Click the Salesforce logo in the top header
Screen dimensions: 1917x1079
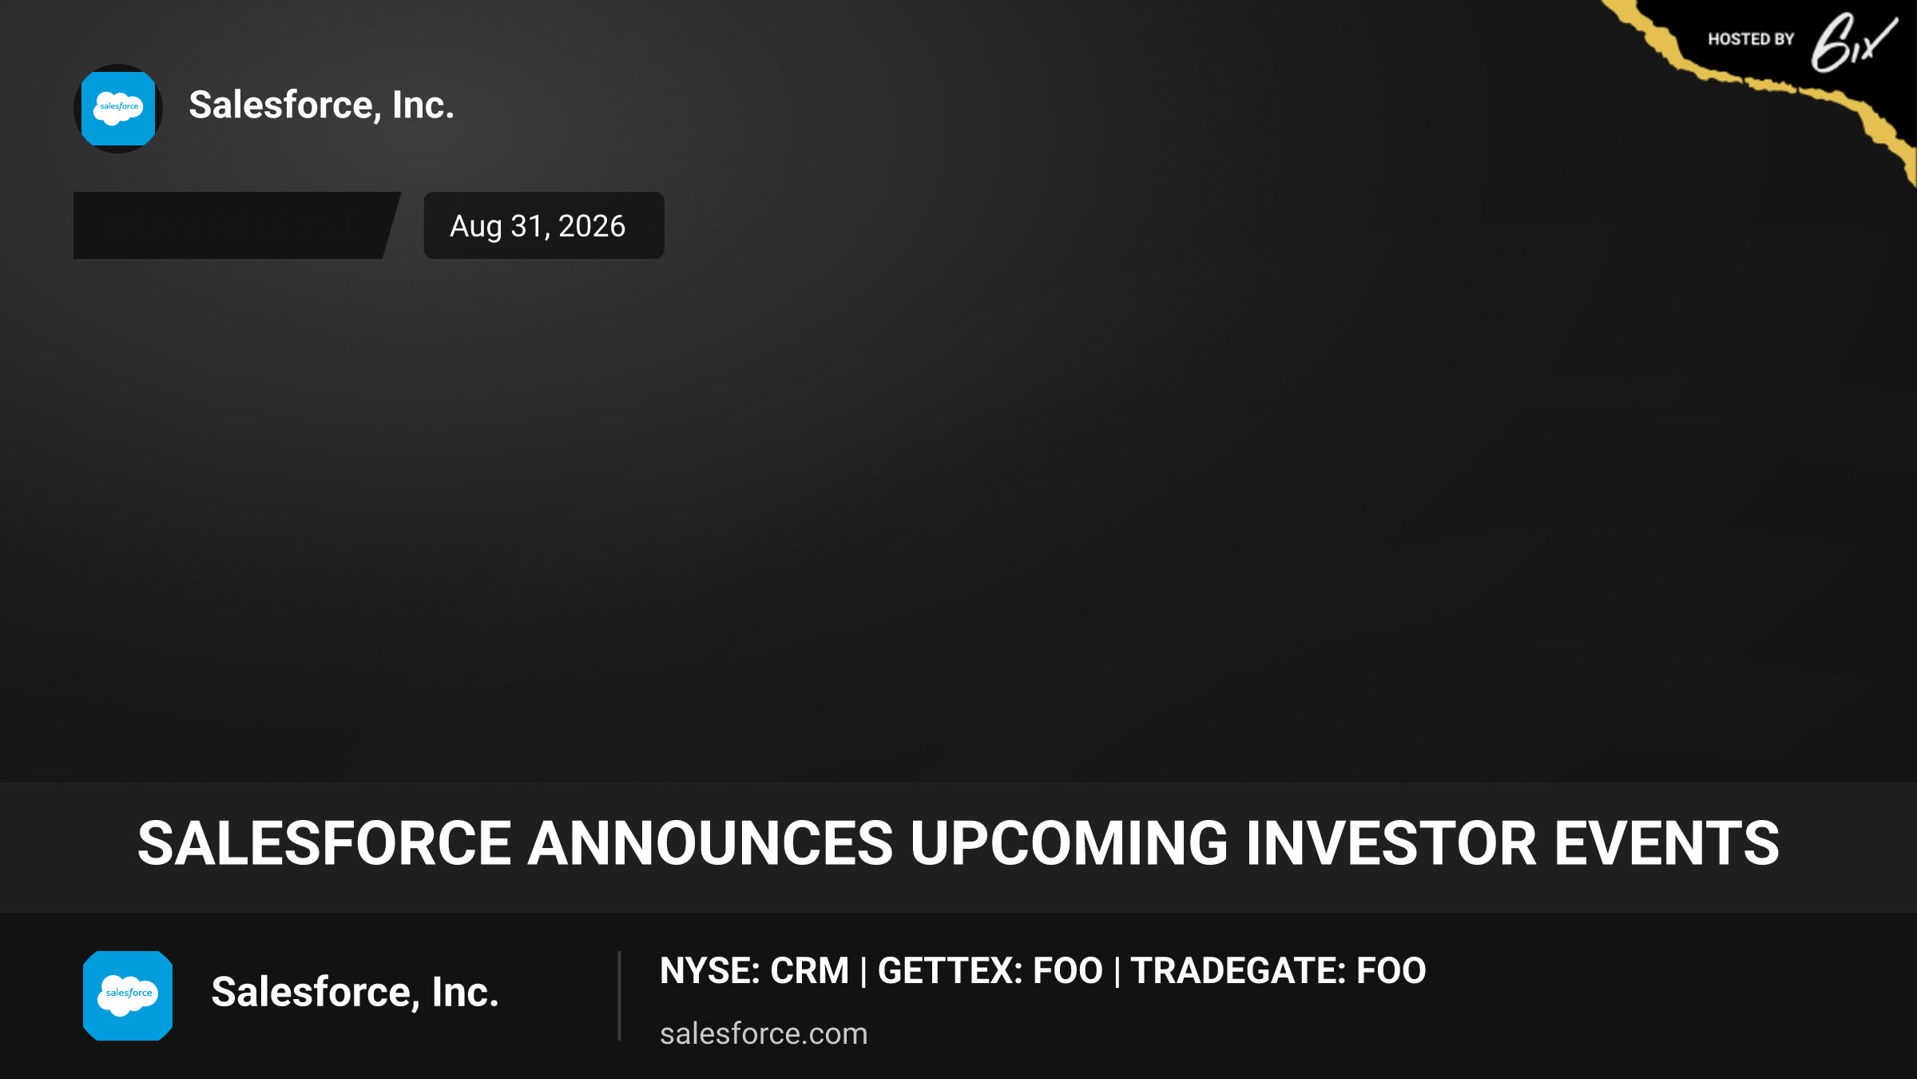pyautogui.click(x=118, y=109)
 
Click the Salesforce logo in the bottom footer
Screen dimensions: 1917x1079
pyautogui.click(x=128, y=996)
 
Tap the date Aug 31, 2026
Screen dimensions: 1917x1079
pyautogui.click(x=538, y=226)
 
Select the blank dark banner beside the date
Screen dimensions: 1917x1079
pyautogui.click(x=236, y=225)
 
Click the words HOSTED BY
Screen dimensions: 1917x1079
pyautogui.click(x=1751, y=39)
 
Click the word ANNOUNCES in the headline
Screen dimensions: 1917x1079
pyautogui.click(x=710, y=844)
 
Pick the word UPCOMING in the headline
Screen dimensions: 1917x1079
pyautogui.click(x=1069, y=844)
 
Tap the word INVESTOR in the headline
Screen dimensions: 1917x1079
pyautogui.click(x=1391, y=844)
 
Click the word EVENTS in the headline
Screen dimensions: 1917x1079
pyautogui.click(x=1667, y=844)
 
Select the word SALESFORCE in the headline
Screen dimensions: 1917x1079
pyautogui.click(x=324, y=844)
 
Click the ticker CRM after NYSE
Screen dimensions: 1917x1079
pyautogui.click(x=809, y=971)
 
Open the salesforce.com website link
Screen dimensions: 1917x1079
pyautogui.click(x=764, y=1033)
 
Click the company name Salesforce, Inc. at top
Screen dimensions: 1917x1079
pyautogui.click(x=321, y=106)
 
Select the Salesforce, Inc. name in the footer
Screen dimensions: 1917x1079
pyautogui.click(x=355, y=993)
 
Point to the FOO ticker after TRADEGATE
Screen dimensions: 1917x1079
pyautogui.click(x=1391, y=971)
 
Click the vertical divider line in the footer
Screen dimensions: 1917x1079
pyautogui.click(x=619, y=996)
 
